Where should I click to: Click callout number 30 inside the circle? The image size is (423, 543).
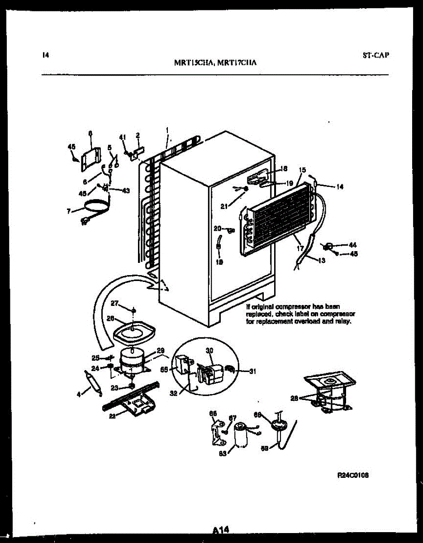pyautogui.click(x=209, y=350)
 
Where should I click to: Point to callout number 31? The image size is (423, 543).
pyautogui.click(x=252, y=372)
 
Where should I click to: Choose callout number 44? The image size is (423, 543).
pyautogui.click(x=352, y=245)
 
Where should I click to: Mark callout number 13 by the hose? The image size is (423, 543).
pyautogui.click(x=322, y=260)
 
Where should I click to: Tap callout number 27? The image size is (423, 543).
pyautogui.click(x=114, y=303)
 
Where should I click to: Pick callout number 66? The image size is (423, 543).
pyautogui.click(x=213, y=413)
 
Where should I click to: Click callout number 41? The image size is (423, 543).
pyautogui.click(x=122, y=137)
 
